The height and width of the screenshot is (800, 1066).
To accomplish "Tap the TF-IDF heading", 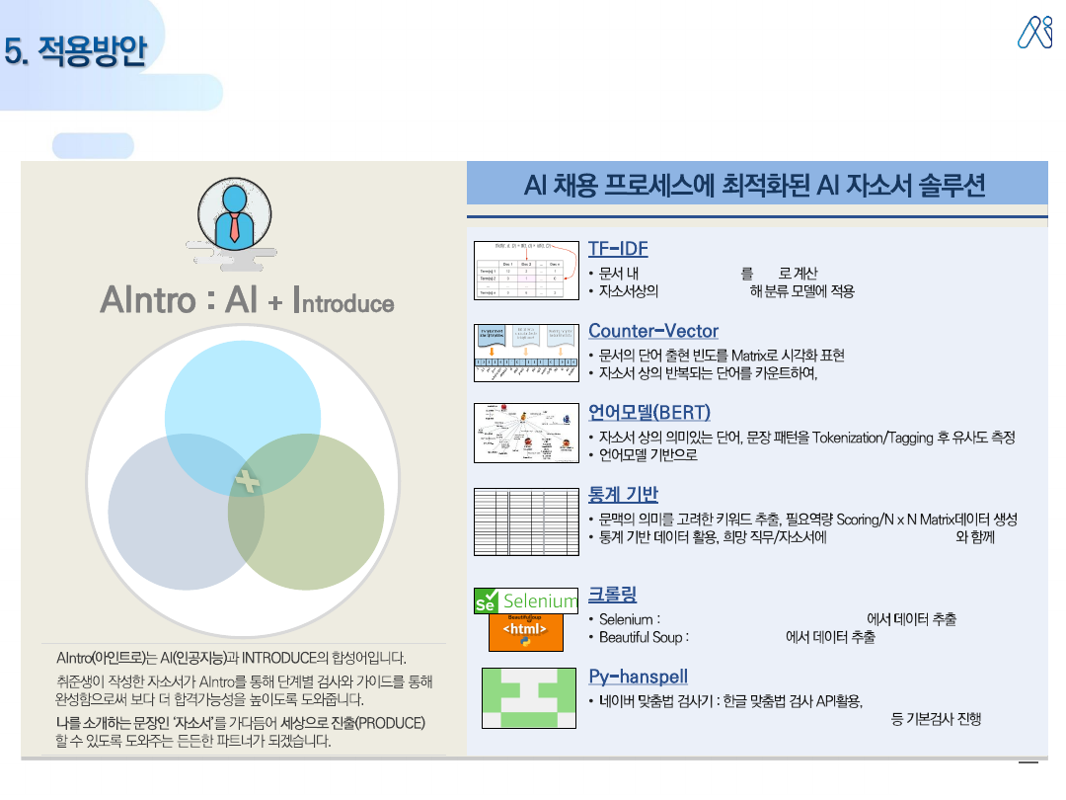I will [618, 248].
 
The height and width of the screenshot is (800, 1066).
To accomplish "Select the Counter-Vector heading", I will [653, 331].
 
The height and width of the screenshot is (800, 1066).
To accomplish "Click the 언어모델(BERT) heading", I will [649, 412].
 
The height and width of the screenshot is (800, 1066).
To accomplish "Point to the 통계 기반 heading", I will [623, 494].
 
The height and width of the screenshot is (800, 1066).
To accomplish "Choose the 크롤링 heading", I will [612, 594].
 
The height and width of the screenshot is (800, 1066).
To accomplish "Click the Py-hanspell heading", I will [638, 677].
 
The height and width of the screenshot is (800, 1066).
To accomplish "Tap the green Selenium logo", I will [526, 600].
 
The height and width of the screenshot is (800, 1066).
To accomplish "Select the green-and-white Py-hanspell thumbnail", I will [528, 698].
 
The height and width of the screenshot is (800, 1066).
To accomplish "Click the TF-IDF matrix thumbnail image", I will [526, 270].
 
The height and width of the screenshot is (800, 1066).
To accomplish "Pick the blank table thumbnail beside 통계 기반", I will [526, 520].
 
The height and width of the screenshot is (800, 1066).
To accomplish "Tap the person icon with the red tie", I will [234, 218].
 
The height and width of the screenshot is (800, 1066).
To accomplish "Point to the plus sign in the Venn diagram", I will [246, 482].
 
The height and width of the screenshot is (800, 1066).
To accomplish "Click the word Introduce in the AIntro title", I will [345, 302].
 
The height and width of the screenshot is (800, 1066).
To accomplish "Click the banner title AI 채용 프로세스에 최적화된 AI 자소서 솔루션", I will [756, 185].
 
